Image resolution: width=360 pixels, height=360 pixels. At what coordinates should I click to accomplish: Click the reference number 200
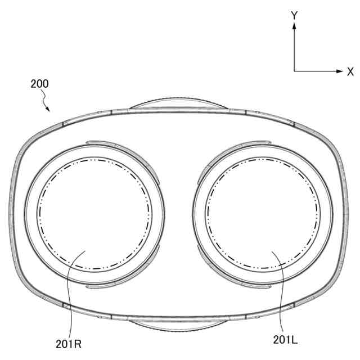click(39, 84)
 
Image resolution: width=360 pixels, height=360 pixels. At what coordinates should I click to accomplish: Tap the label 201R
click(69, 344)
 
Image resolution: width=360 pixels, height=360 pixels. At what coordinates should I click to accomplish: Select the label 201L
click(285, 340)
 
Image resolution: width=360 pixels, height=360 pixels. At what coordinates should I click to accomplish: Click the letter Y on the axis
click(294, 15)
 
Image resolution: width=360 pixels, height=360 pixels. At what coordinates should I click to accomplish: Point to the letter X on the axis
click(350, 72)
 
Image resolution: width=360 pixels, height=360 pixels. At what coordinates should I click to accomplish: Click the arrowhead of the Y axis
click(294, 26)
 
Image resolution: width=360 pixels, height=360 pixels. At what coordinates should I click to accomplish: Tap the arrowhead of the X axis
click(339, 71)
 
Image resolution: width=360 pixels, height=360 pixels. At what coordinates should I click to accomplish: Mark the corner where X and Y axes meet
click(294, 71)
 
